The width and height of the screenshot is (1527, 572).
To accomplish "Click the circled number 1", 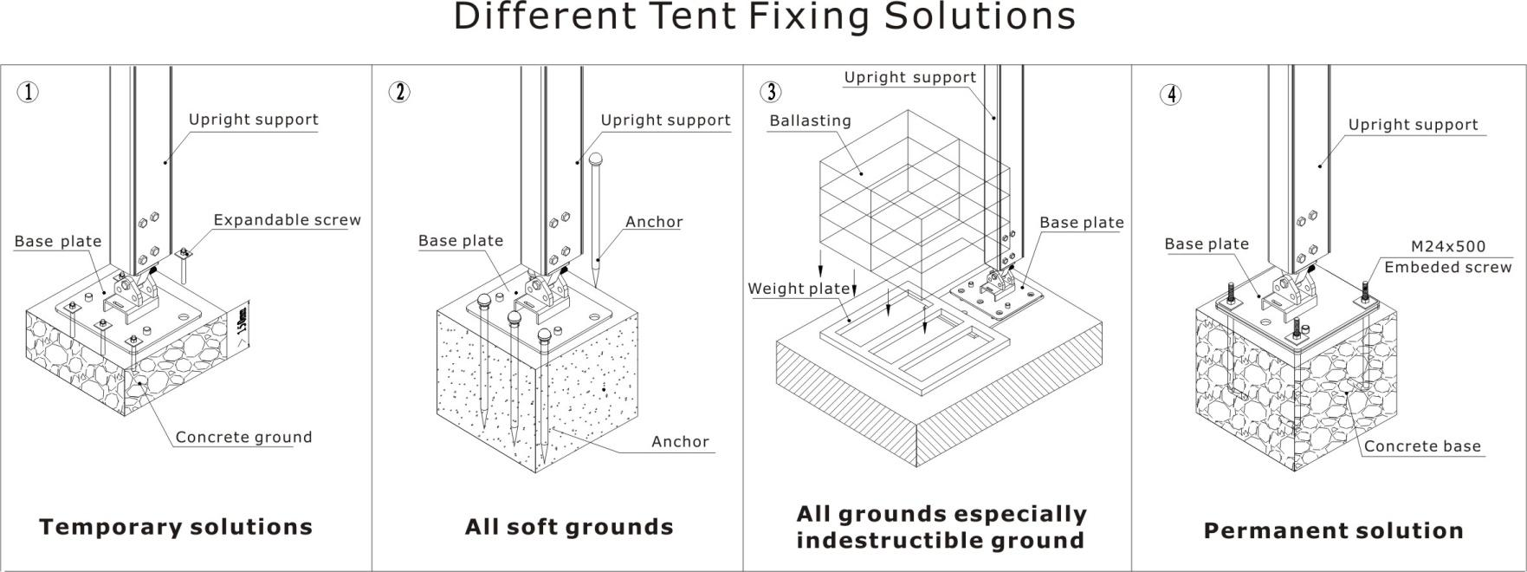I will coord(29,92).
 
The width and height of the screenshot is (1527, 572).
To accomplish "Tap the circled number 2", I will coord(399,92).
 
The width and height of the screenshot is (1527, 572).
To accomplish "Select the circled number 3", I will coord(770,92).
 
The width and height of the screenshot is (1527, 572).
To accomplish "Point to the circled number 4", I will coord(1170,94).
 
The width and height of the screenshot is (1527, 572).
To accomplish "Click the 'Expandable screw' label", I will coord(287,220).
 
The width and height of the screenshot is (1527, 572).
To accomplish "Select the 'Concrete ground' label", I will coord(243,438).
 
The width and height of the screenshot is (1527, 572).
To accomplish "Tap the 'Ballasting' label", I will coord(810,121).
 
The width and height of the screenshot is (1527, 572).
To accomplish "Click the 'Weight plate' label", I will coord(799,289).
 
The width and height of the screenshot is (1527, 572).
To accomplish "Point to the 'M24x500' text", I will coord(1446,247).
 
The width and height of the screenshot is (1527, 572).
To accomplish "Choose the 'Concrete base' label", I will coord(1422,447).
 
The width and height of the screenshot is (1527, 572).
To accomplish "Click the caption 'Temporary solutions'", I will coord(176,527).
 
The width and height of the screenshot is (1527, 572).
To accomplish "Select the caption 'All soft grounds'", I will coord(569,527).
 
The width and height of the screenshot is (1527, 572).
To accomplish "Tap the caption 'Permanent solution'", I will coord(1333,531).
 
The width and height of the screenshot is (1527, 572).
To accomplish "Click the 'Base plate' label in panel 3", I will coord(1081,223).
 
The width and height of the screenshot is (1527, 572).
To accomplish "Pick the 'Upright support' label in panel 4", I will coord(1413,125).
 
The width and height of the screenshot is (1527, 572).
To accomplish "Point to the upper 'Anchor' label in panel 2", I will coord(654,222).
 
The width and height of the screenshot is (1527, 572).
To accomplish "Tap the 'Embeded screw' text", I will coord(1447,268).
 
